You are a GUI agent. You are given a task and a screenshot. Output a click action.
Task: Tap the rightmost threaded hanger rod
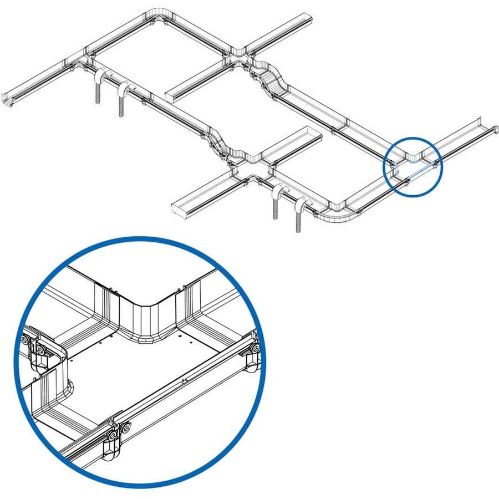click(299, 219)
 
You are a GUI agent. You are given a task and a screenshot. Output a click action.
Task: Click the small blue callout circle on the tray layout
click(414, 166)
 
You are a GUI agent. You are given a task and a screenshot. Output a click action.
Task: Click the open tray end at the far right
click(486, 125)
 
